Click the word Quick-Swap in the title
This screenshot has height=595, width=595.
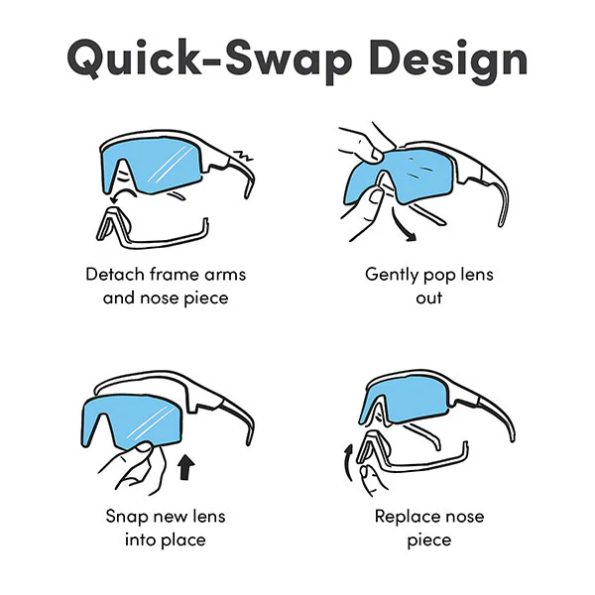coord(210,59)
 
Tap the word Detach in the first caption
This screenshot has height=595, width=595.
coord(115,274)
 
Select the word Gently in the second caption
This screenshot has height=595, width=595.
coord(392,276)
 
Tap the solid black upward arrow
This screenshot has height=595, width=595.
coord(186,467)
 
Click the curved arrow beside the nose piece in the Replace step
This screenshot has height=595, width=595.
coord(347,464)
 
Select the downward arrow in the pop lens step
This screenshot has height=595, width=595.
coord(403,227)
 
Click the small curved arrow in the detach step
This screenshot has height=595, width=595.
coord(122,194)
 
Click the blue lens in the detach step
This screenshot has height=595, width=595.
coord(154,167)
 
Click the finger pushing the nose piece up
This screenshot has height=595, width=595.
coord(370,480)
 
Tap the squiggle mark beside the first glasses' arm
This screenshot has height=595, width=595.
coord(243,156)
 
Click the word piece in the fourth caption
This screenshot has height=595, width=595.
coord(429,540)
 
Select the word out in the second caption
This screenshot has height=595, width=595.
coord(429,298)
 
